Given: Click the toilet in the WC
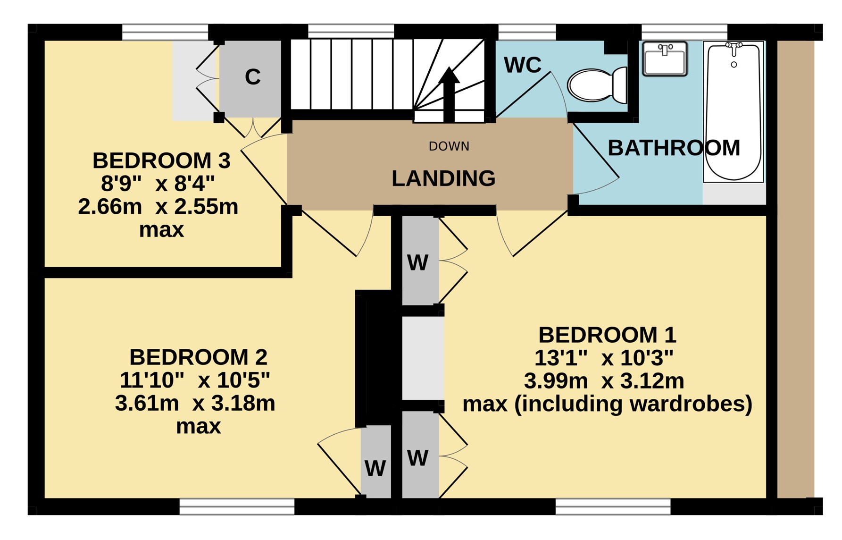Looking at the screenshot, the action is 597,85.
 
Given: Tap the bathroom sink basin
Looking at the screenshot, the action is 665,59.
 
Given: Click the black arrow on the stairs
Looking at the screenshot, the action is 449,94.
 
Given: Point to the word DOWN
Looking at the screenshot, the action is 449,146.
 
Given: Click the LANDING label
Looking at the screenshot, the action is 443,178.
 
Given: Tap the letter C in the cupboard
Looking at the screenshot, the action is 253,77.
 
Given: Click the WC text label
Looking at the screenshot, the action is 523,65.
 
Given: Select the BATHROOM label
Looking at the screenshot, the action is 674,148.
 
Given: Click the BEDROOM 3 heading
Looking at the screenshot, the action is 161,160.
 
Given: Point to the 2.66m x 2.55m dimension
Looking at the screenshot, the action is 158,207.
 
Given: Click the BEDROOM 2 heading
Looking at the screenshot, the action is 198,357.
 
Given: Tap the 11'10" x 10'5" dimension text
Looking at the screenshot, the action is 195,380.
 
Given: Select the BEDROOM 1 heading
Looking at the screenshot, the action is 607,335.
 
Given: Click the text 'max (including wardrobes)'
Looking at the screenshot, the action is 607,404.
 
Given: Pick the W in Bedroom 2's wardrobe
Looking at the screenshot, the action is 375,469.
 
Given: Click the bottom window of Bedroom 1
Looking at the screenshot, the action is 613,506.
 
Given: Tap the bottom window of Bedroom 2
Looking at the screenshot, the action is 237,506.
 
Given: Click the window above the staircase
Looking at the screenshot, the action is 351,32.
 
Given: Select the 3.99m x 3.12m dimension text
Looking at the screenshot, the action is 604,381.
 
